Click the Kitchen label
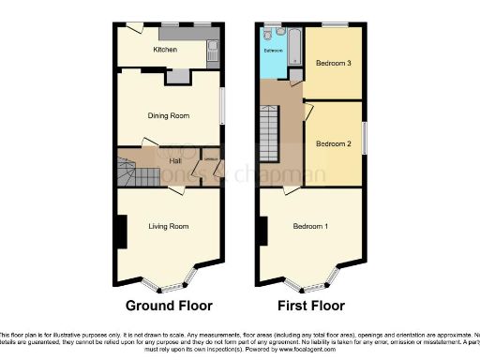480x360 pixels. point(166,51)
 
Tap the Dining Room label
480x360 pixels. point(169,115)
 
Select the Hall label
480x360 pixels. point(174,161)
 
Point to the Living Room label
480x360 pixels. point(169,226)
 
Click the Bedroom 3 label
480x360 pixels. point(333,64)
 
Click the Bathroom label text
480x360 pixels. point(274,51)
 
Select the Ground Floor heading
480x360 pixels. point(169,306)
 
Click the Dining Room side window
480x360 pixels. point(222,104)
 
